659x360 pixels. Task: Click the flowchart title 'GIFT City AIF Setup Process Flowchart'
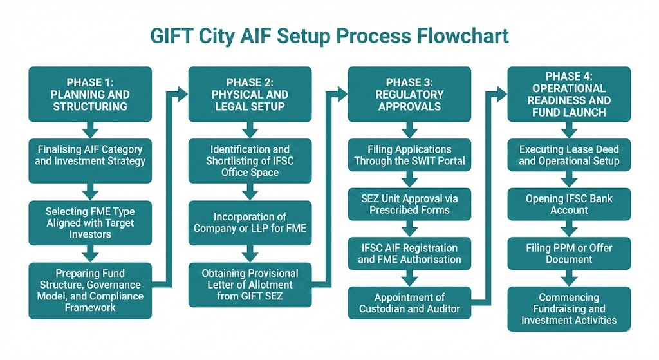click(329, 35)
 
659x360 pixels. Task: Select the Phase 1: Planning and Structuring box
click(89, 94)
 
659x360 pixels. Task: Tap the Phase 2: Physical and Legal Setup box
click(249, 94)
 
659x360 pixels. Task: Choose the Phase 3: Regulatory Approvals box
click(409, 94)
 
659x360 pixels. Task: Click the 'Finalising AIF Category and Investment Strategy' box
click(89, 156)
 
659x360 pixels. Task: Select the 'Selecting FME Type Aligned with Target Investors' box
click(89, 222)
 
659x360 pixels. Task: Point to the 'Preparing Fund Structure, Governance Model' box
click(89, 290)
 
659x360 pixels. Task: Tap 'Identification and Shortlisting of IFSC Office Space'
click(249, 160)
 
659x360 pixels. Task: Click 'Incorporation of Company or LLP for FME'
click(249, 223)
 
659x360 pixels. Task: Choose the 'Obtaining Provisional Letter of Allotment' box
click(249, 285)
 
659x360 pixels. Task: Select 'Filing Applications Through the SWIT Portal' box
click(409, 155)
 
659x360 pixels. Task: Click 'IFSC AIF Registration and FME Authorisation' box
click(409, 253)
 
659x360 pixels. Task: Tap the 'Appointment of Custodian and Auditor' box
click(409, 303)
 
